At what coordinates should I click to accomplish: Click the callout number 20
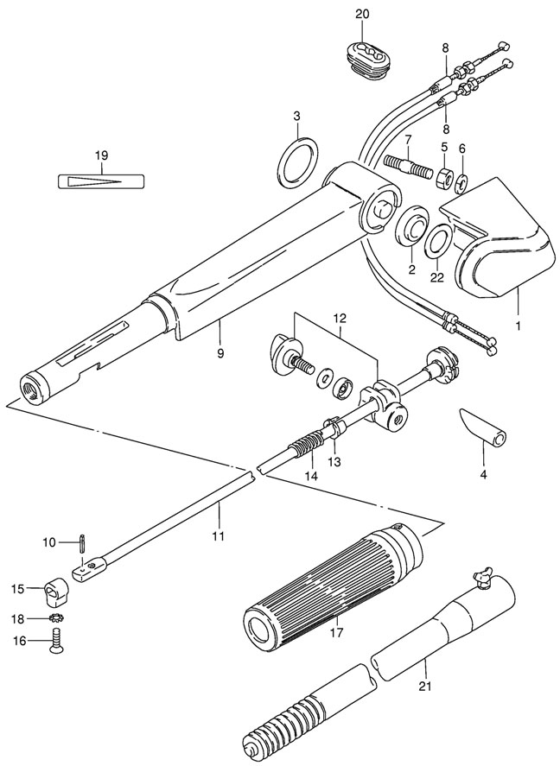pyautogui.click(x=361, y=13)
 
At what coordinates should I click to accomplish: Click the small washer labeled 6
pyautogui.click(x=462, y=182)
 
